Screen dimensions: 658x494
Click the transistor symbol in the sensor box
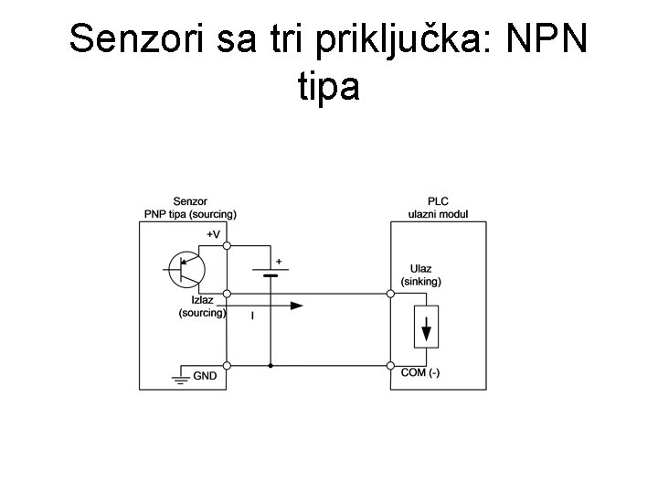(186, 268)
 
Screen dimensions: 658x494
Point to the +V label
(213, 234)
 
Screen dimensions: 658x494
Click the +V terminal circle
(227, 245)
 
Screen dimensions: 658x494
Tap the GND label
(205, 375)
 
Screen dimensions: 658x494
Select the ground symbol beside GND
(179, 377)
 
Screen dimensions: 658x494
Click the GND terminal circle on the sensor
(227, 366)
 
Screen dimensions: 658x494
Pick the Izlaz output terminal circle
(227, 295)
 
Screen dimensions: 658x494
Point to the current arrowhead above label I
(296, 306)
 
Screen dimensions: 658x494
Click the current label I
(252, 315)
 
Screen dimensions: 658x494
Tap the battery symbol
(271, 271)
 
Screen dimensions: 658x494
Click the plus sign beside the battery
(279, 262)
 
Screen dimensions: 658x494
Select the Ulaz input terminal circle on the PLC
(391, 295)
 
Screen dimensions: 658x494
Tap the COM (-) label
(420, 372)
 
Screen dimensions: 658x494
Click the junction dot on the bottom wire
(271, 366)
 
